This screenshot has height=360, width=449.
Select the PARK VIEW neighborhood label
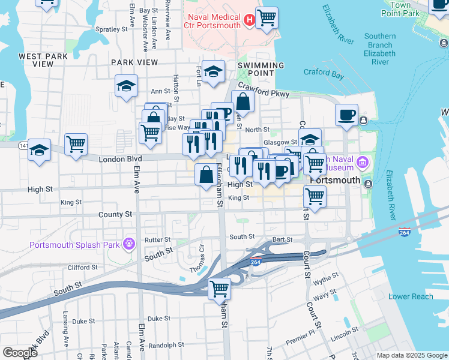point(134,62)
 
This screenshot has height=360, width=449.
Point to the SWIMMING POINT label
point(261,65)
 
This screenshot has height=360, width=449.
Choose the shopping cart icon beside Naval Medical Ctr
point(267,17)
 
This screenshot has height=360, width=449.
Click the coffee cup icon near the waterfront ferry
point(346,115)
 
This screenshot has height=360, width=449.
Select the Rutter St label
point(158,240)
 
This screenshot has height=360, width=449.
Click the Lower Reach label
point(411,296)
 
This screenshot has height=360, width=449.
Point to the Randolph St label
point(166,345)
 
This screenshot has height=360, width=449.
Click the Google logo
point(20,352)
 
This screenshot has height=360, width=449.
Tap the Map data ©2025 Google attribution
point(411,355)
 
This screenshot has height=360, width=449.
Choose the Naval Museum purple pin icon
point(362,162)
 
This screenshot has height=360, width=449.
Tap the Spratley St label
point(112,28)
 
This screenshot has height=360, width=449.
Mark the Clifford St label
point(82,268)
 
